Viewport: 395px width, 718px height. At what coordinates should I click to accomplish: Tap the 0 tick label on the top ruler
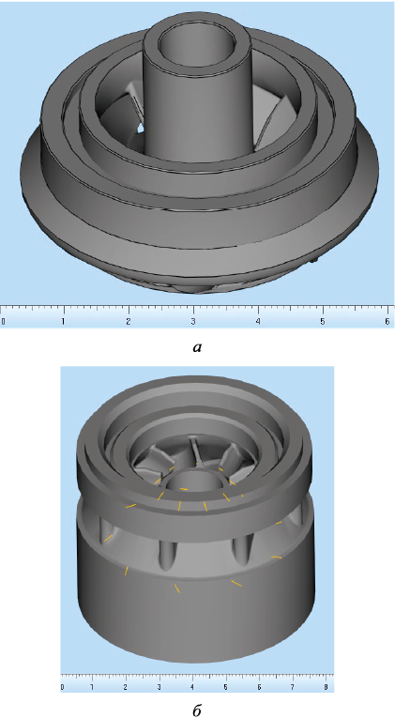coord(3,321)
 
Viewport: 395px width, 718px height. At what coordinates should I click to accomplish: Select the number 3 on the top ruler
coord(194,321)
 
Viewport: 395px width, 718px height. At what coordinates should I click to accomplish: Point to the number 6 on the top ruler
coord(388,321)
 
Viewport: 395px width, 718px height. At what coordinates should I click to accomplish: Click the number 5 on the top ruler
coord(323,321)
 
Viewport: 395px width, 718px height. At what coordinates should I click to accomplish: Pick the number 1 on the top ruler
coord(63,321)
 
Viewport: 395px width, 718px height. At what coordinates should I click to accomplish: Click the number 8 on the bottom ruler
coord(326,687)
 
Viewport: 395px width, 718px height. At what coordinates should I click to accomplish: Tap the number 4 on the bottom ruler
coord(192,687)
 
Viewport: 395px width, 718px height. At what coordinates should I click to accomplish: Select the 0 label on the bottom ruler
coord(62,687)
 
